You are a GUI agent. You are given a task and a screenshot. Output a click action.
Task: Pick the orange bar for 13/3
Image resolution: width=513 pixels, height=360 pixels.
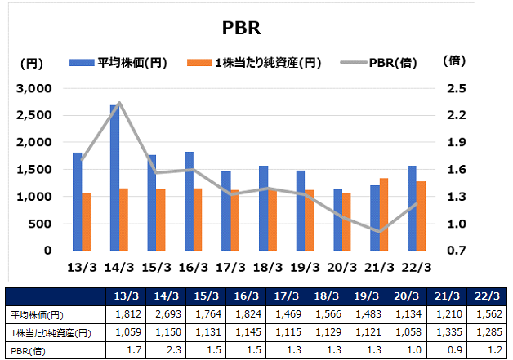point(87,221)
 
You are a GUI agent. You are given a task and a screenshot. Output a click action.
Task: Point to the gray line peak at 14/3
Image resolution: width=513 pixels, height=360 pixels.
point(119,103)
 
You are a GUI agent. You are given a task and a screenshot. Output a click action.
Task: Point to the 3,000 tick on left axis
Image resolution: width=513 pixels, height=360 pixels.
point(35,88)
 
